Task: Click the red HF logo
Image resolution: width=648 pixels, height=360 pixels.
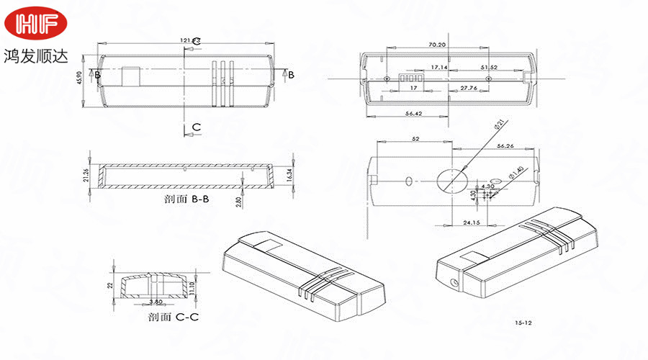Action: [x=36, y=24]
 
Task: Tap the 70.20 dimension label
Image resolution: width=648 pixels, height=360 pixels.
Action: [x=436, y=45]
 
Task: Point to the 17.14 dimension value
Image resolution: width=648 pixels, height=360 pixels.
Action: [x=438, y=67]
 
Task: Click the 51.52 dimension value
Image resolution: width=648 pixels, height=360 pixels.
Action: [x=490, y=67]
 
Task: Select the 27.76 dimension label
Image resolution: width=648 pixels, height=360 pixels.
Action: [x=469, y=88]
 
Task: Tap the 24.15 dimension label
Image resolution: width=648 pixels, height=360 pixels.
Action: [x=472, y=222]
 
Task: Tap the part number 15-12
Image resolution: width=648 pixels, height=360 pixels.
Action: [x=523, y=325]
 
